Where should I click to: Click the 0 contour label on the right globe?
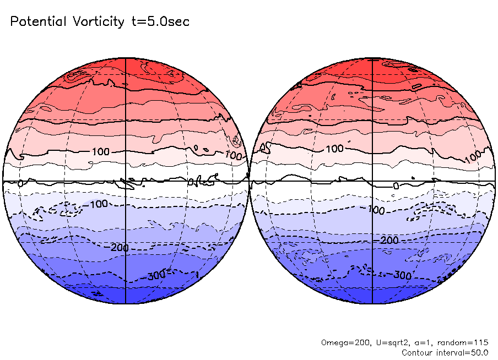pos(395,186)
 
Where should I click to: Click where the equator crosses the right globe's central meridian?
pos(373,181)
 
